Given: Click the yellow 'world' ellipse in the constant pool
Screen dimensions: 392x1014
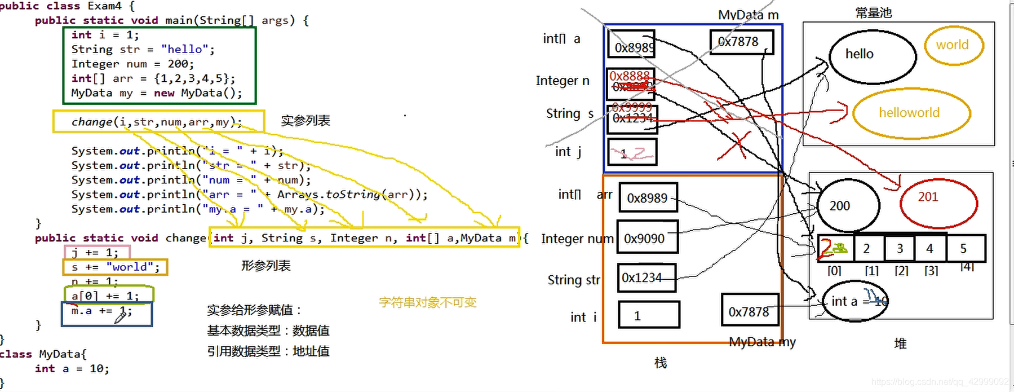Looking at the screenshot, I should [x=953, y=45].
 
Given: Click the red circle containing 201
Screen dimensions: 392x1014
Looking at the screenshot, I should [x=938, y=202].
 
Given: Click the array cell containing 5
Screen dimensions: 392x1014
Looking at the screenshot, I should [x=965, y=249].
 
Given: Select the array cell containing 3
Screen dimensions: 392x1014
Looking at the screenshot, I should [x=900, y=249].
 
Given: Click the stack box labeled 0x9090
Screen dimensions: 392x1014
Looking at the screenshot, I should [x=647, y=239].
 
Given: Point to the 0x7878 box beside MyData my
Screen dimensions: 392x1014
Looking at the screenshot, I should [x=750, y=311].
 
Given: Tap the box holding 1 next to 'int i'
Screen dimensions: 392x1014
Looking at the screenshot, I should [x=648, y=315].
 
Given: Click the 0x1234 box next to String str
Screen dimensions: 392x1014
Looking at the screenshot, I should [x=646, y=278].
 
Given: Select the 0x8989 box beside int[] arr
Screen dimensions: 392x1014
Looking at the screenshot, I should [x=648, y=198].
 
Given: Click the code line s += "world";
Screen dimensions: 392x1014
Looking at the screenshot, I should [x=116, y=267].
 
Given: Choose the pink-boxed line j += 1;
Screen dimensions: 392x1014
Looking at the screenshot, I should [x=96, y=252].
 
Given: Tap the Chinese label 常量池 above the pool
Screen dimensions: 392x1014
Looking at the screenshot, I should [x=873, y=12].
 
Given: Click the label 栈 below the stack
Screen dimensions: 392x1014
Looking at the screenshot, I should [x=661, y=363].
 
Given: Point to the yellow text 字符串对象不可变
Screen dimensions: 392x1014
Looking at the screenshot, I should [x=427, y=303].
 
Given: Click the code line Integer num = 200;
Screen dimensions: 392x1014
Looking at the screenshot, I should [x=132, y=64].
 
